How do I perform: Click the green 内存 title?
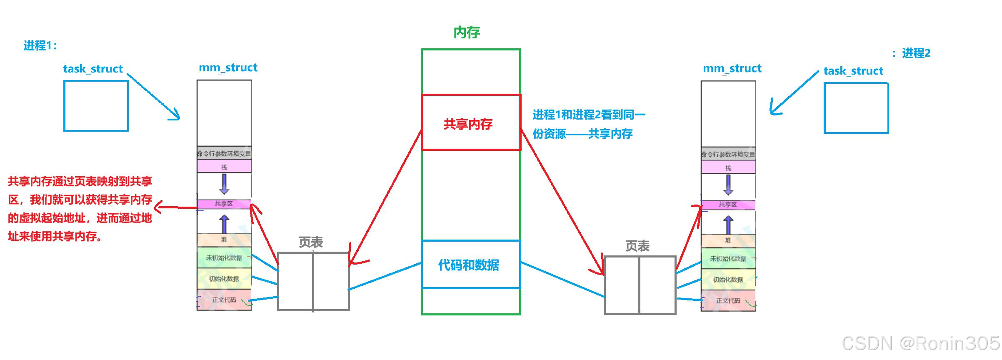pos(467,32)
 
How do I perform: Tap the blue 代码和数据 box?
pos(471,265)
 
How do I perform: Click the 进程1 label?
pos(40,45)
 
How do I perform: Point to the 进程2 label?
pos(915,53)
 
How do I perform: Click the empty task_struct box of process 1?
pos(96,106)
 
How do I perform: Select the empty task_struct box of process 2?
pos(856,108)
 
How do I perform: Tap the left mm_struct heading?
pos(228,67)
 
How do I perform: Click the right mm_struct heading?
pos(732,68)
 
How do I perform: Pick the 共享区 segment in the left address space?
pos(224,204)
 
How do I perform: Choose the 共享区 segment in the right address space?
pos(728,205)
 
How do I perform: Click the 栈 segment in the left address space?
pos(224,167)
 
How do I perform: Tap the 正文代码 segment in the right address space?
pos(728,300)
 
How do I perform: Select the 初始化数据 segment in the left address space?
pos(224,279)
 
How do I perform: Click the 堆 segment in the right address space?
pos(728,240)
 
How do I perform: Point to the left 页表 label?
pos(311,242)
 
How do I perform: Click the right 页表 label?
pos(637,246)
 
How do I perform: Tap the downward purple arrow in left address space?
pos(224,184)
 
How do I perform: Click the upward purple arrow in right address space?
pos(728,225)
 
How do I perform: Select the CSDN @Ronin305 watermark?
pos(920,343)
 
